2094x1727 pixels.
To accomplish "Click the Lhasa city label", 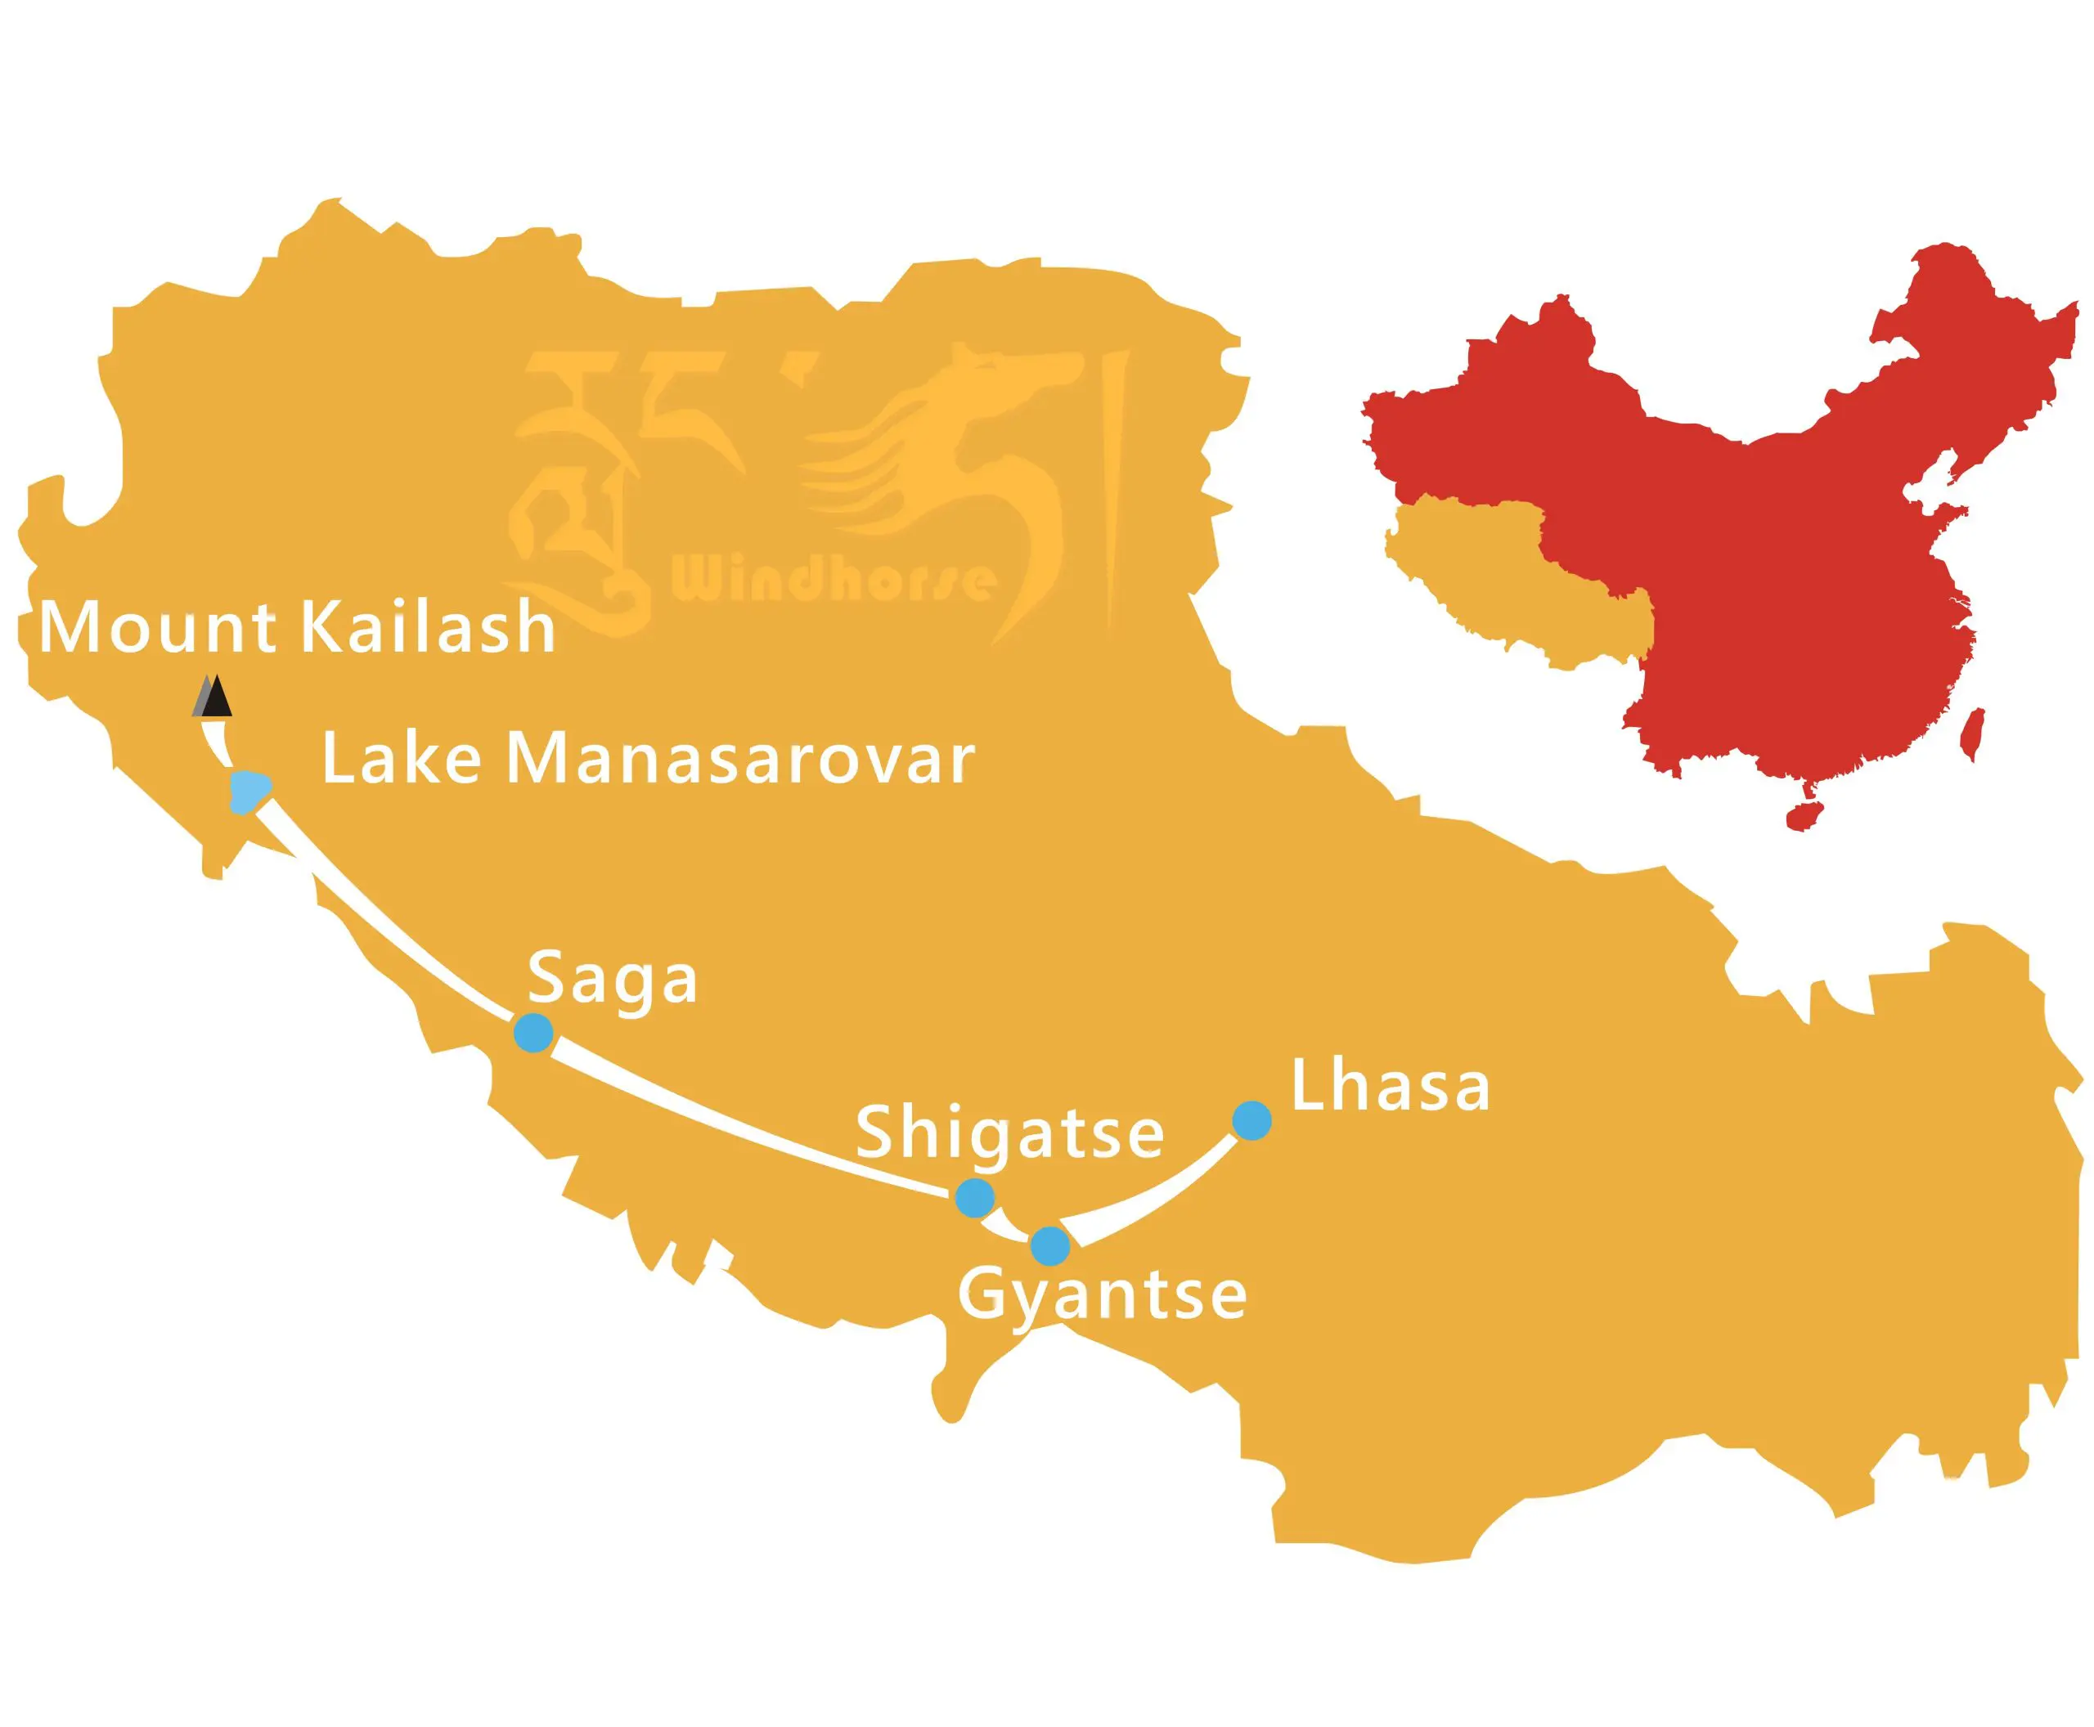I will click(1390, 1087).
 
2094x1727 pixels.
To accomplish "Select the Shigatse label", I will click(1009, 1133).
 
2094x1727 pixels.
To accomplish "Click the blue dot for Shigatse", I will click(974, 1197).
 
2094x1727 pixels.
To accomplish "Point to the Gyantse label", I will click(1102, 1295).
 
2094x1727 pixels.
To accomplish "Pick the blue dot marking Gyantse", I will click(1050, 1245).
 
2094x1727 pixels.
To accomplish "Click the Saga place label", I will click(612, 979).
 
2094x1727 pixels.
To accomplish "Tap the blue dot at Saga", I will click(533, 1033).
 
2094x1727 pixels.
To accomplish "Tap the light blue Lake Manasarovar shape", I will click(248, 791).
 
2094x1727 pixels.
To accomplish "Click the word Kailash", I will click(427, 628).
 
